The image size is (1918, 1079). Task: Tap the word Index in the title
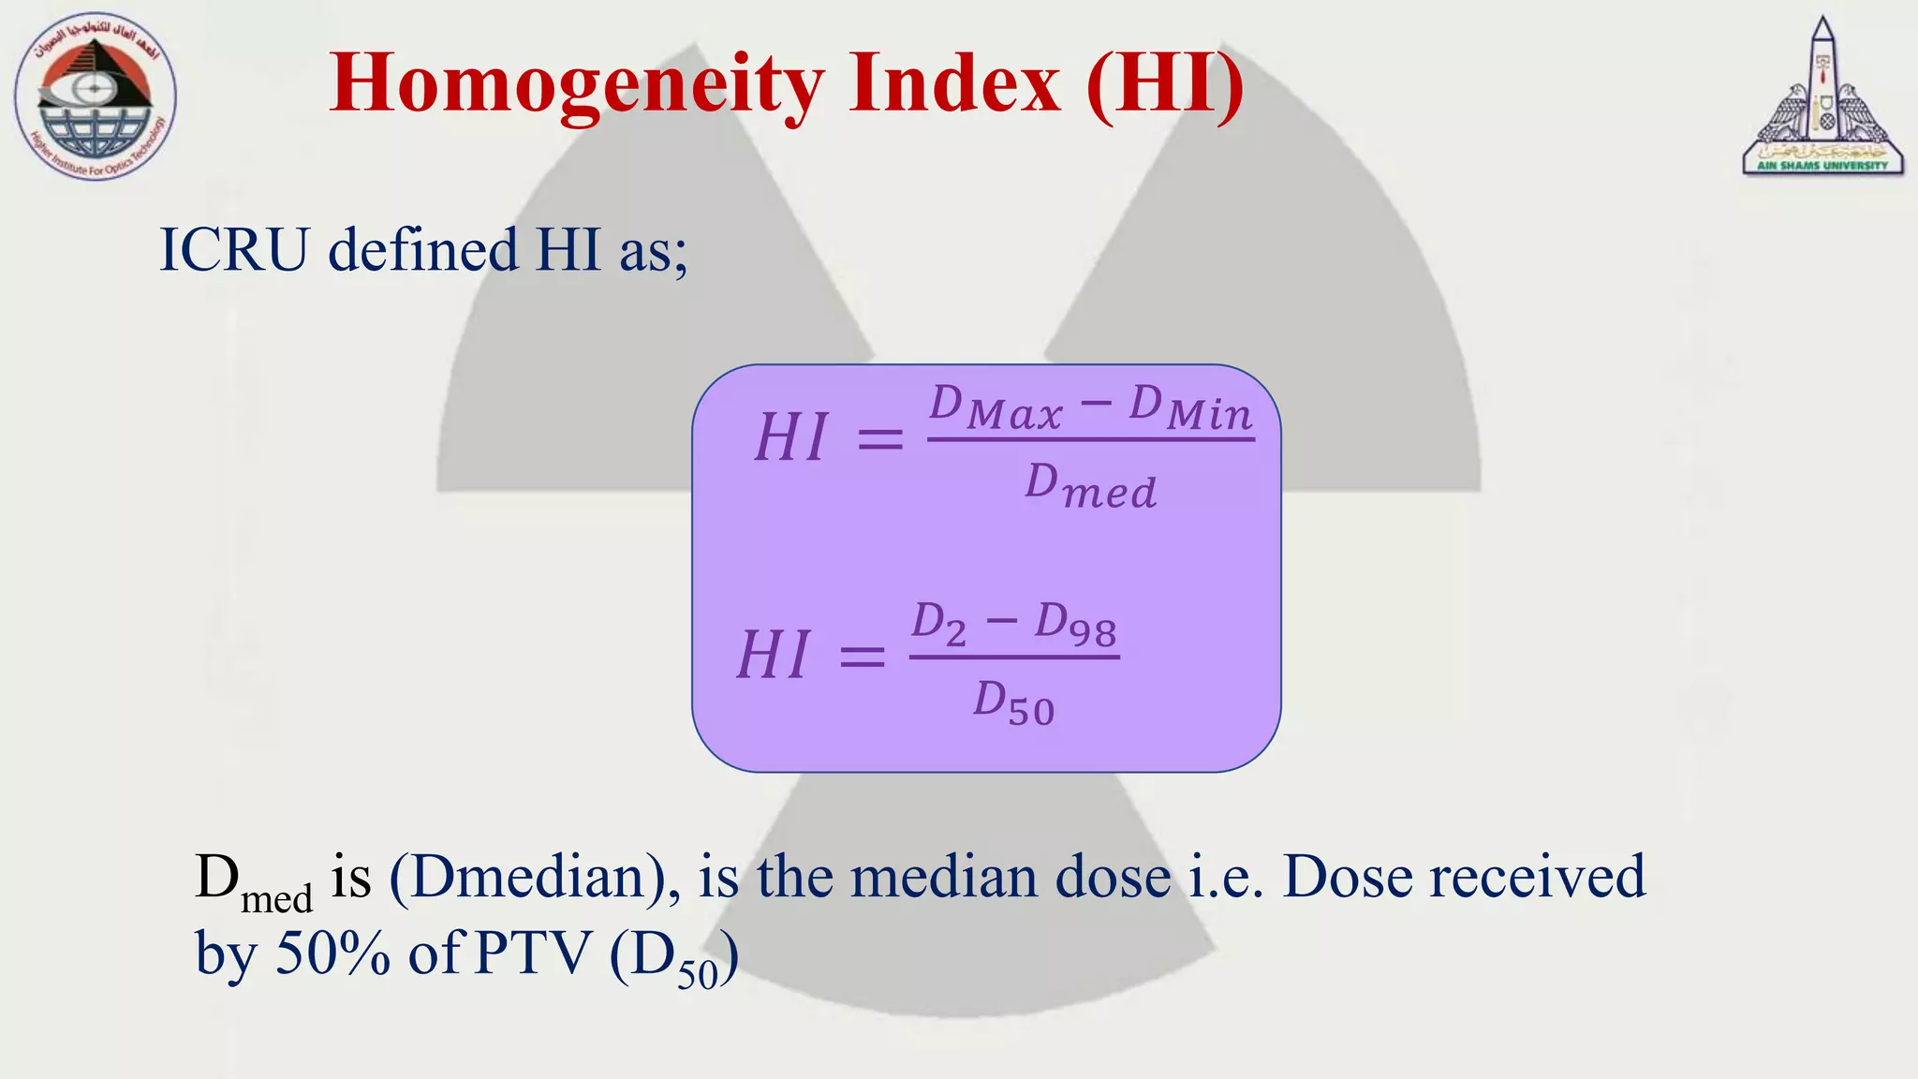954,84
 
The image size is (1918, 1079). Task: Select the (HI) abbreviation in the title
1165,85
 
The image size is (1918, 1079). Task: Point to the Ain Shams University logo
1822,98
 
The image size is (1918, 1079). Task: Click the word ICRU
234,251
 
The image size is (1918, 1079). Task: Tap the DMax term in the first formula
996,408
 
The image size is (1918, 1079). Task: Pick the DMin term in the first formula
1190,408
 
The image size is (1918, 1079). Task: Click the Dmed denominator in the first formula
1091,487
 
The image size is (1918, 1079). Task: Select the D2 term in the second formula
938,624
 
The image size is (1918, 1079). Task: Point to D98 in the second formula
1075,625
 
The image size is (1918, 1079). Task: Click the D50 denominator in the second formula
1013,702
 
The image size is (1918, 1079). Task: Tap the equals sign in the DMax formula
880,438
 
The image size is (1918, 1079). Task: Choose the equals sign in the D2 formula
862,656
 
